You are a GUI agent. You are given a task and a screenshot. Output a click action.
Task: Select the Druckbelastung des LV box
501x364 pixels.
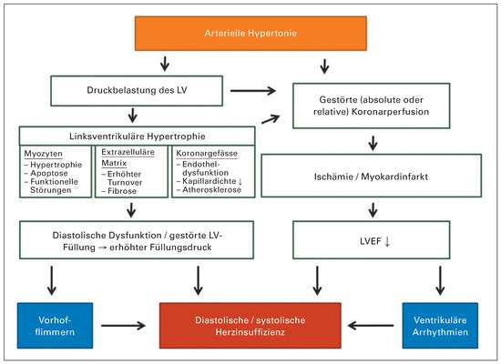pyautogui.click(x=137, y=91)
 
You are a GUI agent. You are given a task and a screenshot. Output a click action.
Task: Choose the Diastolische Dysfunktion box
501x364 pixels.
pyautogui.click(x=137, y=241)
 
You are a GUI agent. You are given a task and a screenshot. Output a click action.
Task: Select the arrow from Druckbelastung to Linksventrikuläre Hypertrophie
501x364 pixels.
pyautogui.click(x=134, y=116)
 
